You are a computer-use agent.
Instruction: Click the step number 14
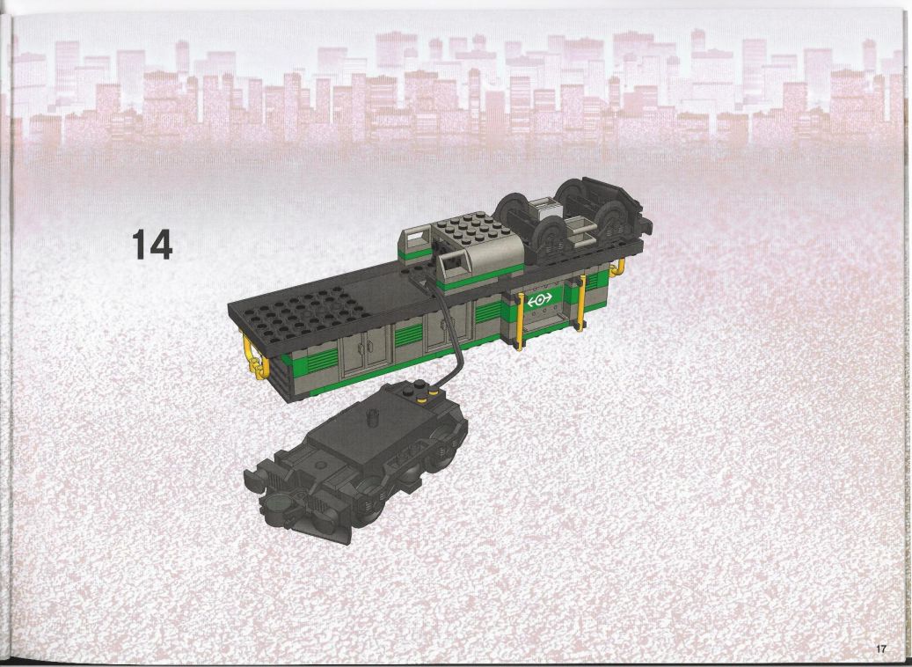point(152,244)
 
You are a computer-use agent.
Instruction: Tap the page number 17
point(879,648)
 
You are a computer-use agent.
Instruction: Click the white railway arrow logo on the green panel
point(540,300)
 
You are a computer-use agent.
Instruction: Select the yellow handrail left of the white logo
point(519,320)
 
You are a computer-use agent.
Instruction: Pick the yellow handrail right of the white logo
point(581,304)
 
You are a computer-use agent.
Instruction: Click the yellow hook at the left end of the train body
point(257,357)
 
